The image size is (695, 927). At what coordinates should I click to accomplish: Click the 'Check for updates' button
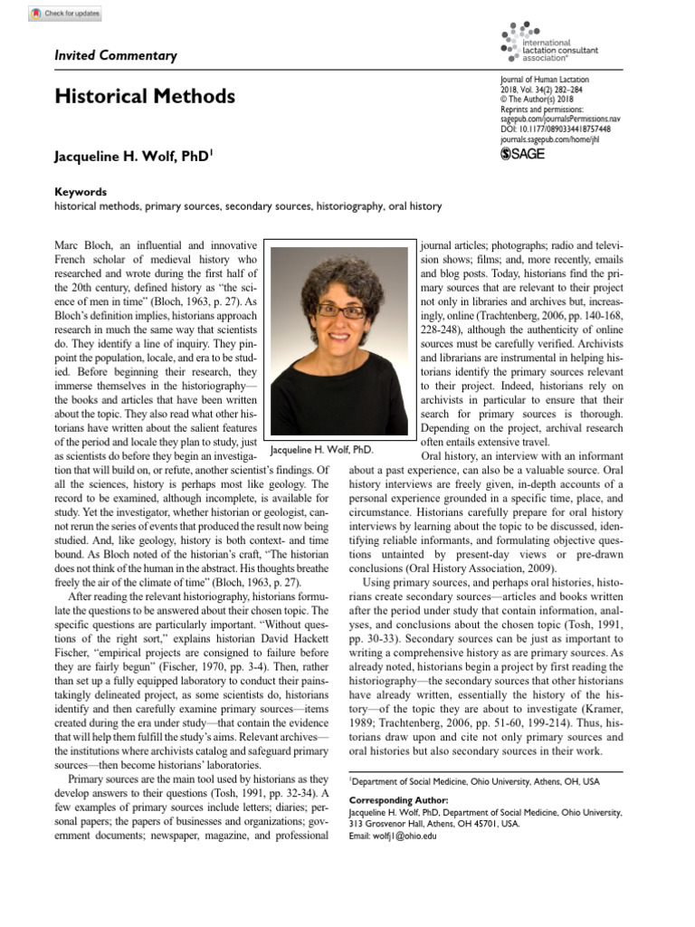click(x=65, y=14)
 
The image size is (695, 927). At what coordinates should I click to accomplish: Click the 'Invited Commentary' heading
click(x=116, y=56)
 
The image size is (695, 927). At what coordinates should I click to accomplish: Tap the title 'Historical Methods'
click(x=145, y=97)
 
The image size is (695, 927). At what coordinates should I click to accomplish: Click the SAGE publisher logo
click(x=522, y=154)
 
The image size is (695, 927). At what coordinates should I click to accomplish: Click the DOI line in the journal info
click(x=555, y=129)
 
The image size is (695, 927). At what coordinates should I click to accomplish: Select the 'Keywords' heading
click(x=81, y=192)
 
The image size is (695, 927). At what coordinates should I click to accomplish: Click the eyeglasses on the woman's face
click(x=340, y=311)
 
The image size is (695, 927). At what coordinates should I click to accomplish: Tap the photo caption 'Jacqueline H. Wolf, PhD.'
click(x=321, y=449)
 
